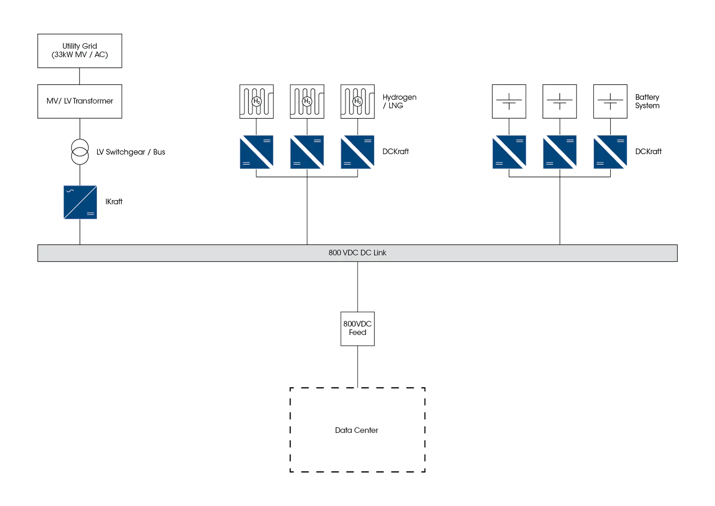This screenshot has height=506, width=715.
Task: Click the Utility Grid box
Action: pyautogui.click(x=80, y=51)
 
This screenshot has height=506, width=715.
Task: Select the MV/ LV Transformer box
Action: pyautogui.click(x=80, y=101)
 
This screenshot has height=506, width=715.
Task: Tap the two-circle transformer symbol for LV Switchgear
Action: pyautogui.click(x=80, y=152)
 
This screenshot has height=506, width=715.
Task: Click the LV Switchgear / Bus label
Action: pyautogui.click(x=131, y=152)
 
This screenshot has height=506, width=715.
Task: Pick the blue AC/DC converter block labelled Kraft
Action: pyautogui.click(x=80, y=202)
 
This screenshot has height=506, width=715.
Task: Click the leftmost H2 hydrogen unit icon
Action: pyautogui.click(x=256, y=101)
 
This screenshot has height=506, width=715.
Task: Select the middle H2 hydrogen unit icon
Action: pyautogui.click(x=307, y=101)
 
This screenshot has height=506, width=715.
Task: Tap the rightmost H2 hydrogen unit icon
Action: pyautogui.click(x=357, y=101)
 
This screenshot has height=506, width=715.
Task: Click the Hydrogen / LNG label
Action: pyautogui.click(x=399, y=101)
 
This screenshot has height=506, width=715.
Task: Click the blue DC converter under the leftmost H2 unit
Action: pyautogui.click(x=256, y=152)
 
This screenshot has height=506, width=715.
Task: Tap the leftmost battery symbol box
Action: pyautogui.click(x=509, y=101)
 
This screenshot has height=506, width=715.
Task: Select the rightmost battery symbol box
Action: pyautogui.click(x=610, y=101)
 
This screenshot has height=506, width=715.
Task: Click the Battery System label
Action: pyautogui.click(x=647, y=101)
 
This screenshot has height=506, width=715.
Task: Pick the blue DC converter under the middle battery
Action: pyautogui.click(x=560, y=152)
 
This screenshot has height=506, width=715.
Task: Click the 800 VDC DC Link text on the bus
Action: pyautogui.click(x=357, y=253)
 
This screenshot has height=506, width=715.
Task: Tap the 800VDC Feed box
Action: pyautogui.click(x=357, y=328)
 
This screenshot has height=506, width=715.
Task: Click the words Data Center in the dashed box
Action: pyautogui.click(x=357, y=430)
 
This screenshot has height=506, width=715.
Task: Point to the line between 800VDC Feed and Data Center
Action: pyautogui.click(x=357, y=367)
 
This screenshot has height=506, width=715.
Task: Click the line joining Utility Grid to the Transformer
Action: pyautogui.click(x=80, y=75)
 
